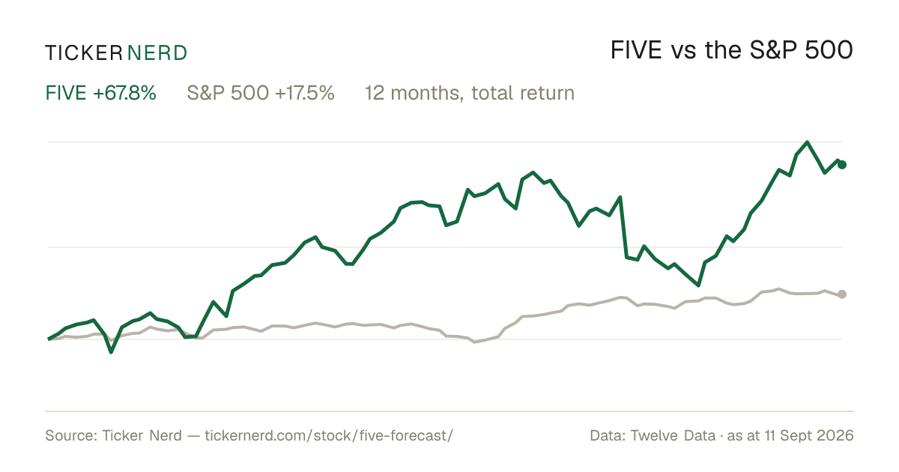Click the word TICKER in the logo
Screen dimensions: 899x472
(84, 53)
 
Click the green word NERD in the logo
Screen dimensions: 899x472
(157, 53)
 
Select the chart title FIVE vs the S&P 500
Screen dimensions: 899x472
(732, 50)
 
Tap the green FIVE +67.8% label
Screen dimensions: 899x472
(100, 93)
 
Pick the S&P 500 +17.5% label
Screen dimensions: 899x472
(261, 93)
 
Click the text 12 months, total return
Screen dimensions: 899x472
(470, 93)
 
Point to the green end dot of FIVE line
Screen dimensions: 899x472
(842, 165)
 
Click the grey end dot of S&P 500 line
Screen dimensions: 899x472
(842, 294)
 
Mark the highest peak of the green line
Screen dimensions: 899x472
(807, 142)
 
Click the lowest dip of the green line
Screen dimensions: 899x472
(111, 352)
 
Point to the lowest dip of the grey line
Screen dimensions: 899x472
(475, 342)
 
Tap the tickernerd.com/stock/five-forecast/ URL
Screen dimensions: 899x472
(329, 435)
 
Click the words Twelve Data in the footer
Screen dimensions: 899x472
(673, 435)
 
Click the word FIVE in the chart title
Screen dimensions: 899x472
(636, 50)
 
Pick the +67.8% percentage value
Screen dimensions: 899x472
(124, 93)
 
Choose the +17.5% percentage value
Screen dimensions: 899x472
(305, 93)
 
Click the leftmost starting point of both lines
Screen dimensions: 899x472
(49, 339)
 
